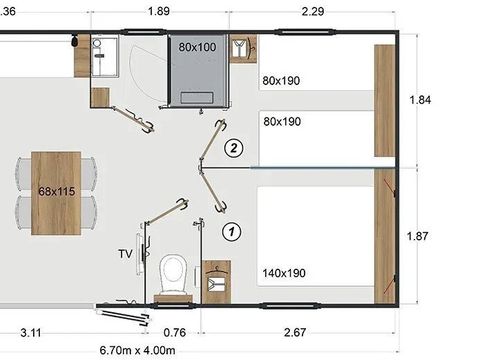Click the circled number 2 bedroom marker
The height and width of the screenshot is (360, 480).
[x=233, y=148]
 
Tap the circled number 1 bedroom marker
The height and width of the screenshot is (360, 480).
[x=231, y=231]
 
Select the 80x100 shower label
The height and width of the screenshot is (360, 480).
[x=197, y=47]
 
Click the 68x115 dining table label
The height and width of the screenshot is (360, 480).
[x=56, y=191]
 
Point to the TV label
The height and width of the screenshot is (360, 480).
[x=125, y=254]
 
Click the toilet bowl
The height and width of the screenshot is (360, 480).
[x=173, y=274]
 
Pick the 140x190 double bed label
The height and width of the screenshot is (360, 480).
[x=284, y=273]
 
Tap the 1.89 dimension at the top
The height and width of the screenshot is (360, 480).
[x=159, y=11]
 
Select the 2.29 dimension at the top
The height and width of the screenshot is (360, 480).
[x=313, y=12]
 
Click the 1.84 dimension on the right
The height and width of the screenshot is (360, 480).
[x=420, y=100]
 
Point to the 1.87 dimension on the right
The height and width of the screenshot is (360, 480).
[x=417, y=236]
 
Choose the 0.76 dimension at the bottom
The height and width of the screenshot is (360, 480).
[x=175, y=332]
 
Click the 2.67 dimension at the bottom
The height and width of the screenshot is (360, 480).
[x=295, y=332]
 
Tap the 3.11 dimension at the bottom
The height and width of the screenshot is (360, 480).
[x=31, y=333]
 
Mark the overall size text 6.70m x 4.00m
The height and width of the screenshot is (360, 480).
[x=137, y=350]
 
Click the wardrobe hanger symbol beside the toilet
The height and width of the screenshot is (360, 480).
[x=216, y=271]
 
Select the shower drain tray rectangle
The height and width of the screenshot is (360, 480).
[x=197, y=98]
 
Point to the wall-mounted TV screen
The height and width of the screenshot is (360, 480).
[x=139, y=254]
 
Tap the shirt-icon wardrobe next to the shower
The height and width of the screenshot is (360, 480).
[x=243, y=49]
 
